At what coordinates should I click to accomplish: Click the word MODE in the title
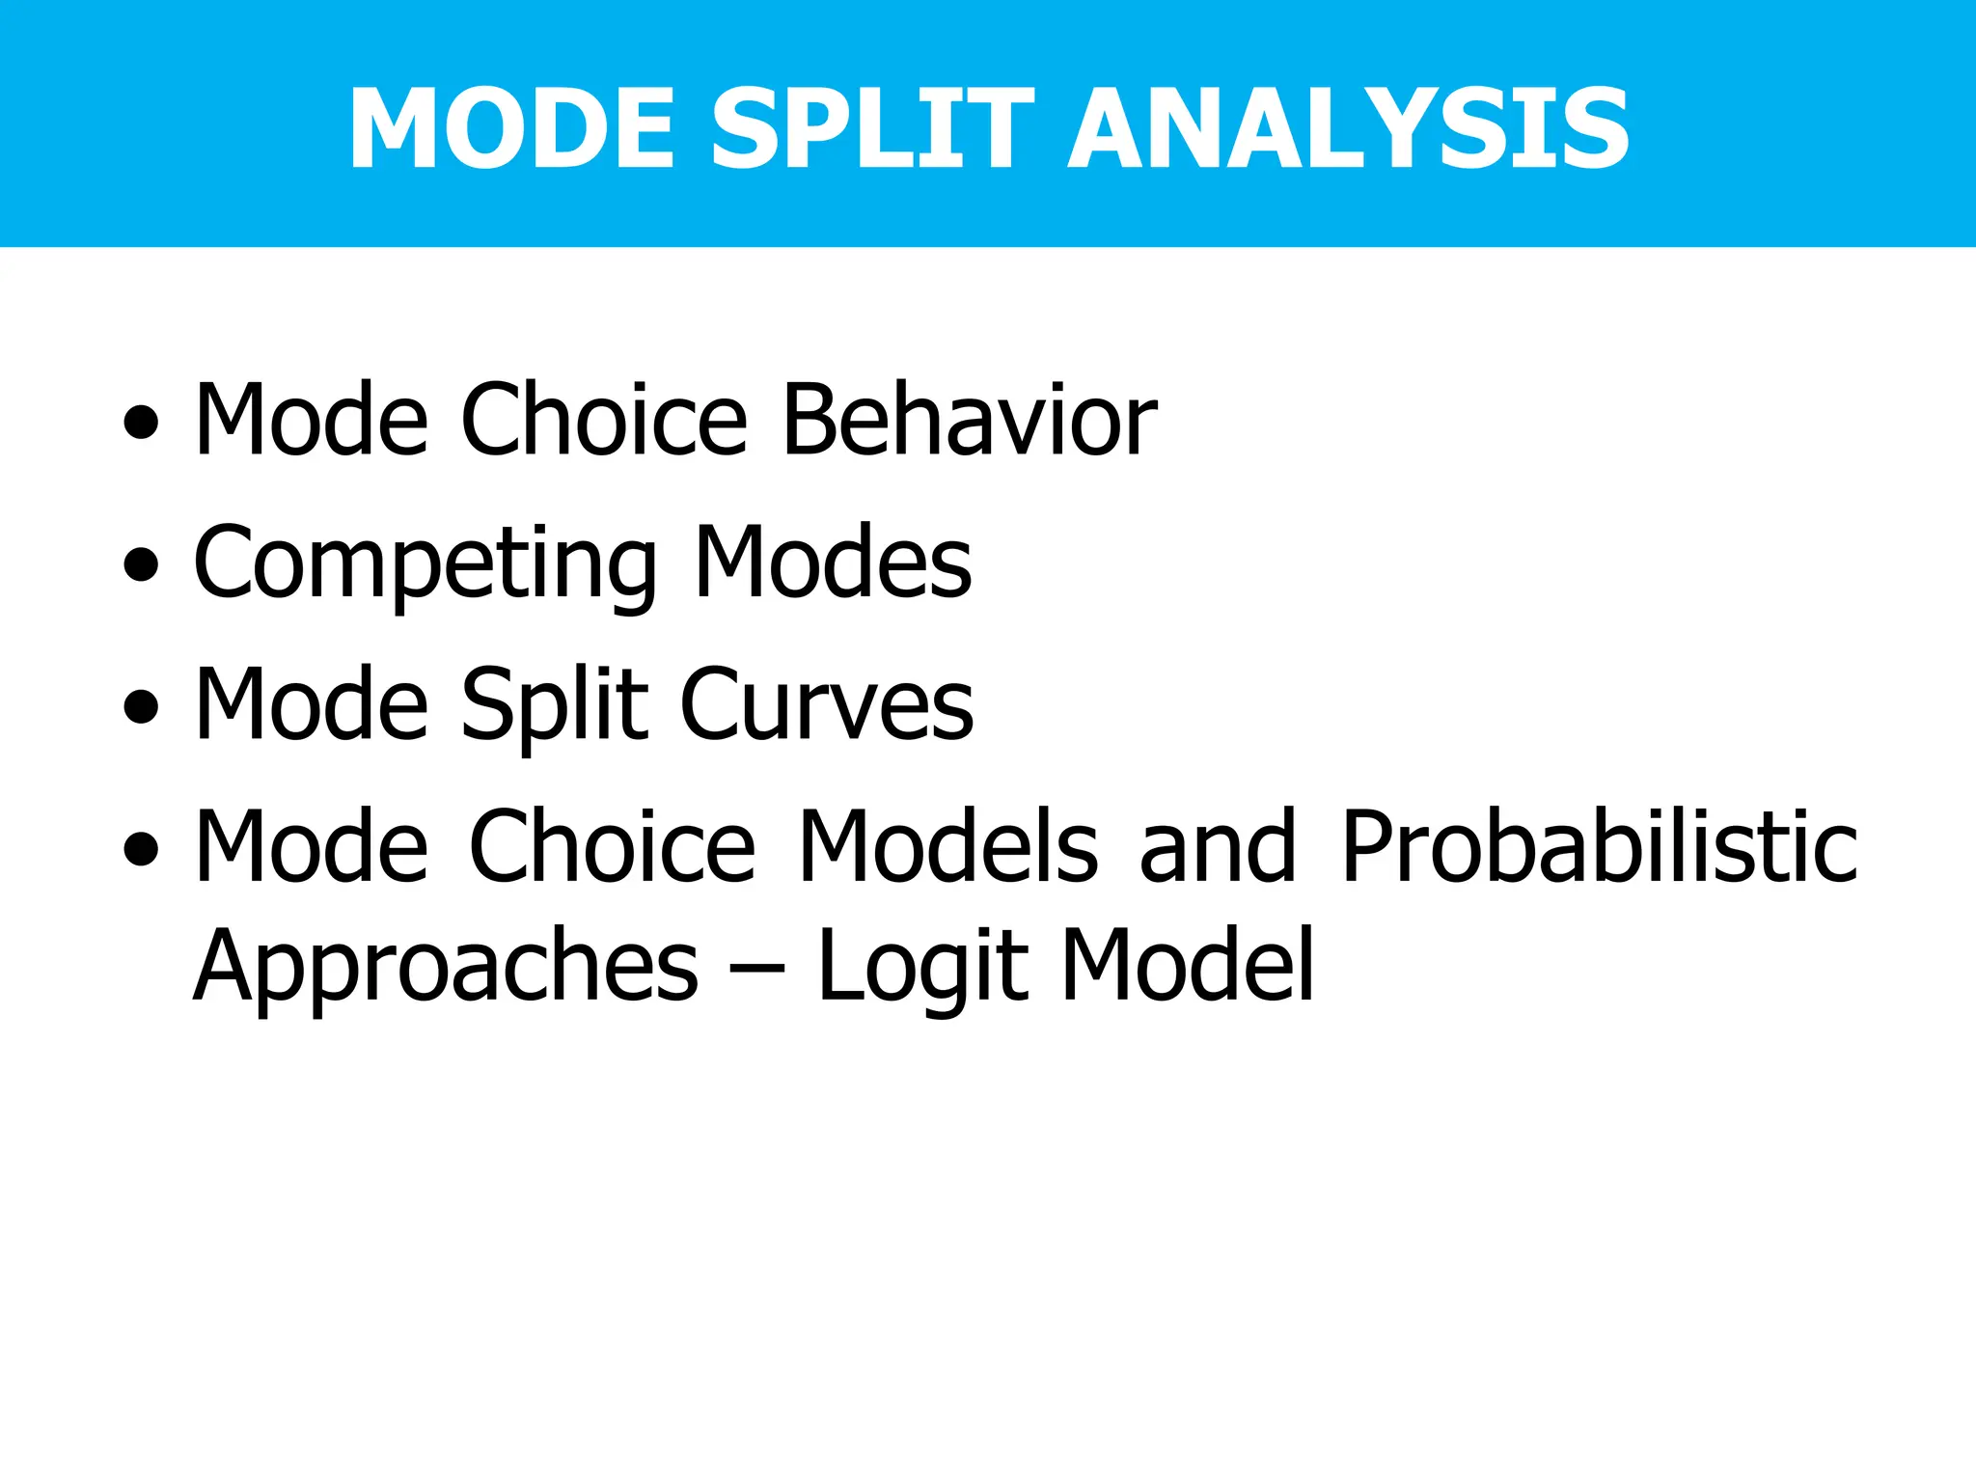click(510, 128)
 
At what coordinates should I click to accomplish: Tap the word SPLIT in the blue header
click(872, 128)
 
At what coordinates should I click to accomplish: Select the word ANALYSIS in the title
click(1348, 128)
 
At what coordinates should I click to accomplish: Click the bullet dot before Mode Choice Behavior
click(141, 422)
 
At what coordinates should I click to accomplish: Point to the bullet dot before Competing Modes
click(141, 563)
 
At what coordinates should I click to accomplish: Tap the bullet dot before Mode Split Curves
click(141, 705)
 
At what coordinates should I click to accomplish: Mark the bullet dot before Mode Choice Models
click(141, 848)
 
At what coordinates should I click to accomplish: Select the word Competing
click(425, 564)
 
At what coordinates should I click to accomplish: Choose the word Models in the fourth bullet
click(947, 846)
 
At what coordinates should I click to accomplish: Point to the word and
click(1218, 846)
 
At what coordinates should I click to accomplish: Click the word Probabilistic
click(1599, 846)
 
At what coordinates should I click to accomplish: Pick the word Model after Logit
click(1188, 965)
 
